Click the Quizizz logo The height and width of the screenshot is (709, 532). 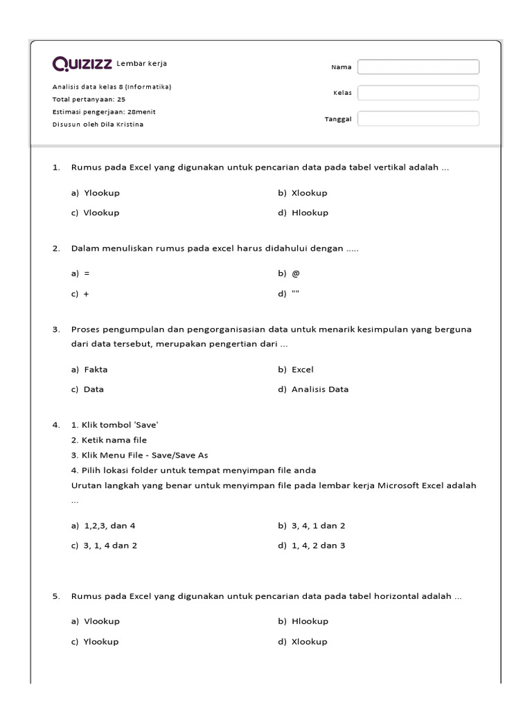pyautogui.click(x=82, y=64)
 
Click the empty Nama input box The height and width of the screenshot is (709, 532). pyautogui.click(x=418, y=67)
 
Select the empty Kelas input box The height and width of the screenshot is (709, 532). pyautogui.click(x=418, y=93)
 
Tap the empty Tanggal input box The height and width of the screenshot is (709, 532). pyautogui.click(x=418, y=118)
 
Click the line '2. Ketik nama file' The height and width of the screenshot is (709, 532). pyautogui.click(x=109, y=440)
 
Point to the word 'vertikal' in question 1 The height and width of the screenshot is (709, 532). pyautogui.click(x=393, y=168)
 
